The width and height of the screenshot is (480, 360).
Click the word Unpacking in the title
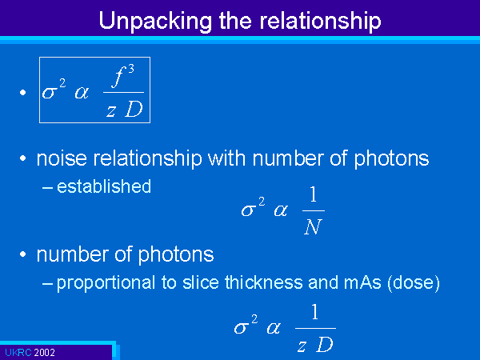click(155, 21)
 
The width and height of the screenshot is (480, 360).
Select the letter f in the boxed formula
click(119, 77)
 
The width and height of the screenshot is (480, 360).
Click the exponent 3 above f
click(131, 69)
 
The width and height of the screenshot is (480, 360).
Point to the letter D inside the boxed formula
click(134, 110)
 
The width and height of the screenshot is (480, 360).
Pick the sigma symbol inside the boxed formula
click(50, 92)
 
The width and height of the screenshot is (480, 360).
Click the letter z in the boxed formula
click(111, 111)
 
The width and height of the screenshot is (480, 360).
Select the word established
click(104, 186)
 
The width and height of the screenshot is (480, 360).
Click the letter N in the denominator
click(313, 227)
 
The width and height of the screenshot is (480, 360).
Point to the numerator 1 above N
click(313, 195)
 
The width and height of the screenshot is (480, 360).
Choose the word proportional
click(106, 283)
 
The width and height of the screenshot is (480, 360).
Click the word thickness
click(263, 282)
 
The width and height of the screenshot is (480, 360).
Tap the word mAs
click(362, 282)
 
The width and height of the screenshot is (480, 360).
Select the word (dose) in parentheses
click(414, 283)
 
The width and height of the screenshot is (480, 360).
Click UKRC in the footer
click(18, 353)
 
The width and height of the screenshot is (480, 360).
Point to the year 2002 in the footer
click(44, 353)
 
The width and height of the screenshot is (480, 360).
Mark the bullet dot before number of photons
click(22, 254)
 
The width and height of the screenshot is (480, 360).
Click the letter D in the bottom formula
click(325, 345)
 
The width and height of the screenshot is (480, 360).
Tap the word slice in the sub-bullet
click(201, 282)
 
